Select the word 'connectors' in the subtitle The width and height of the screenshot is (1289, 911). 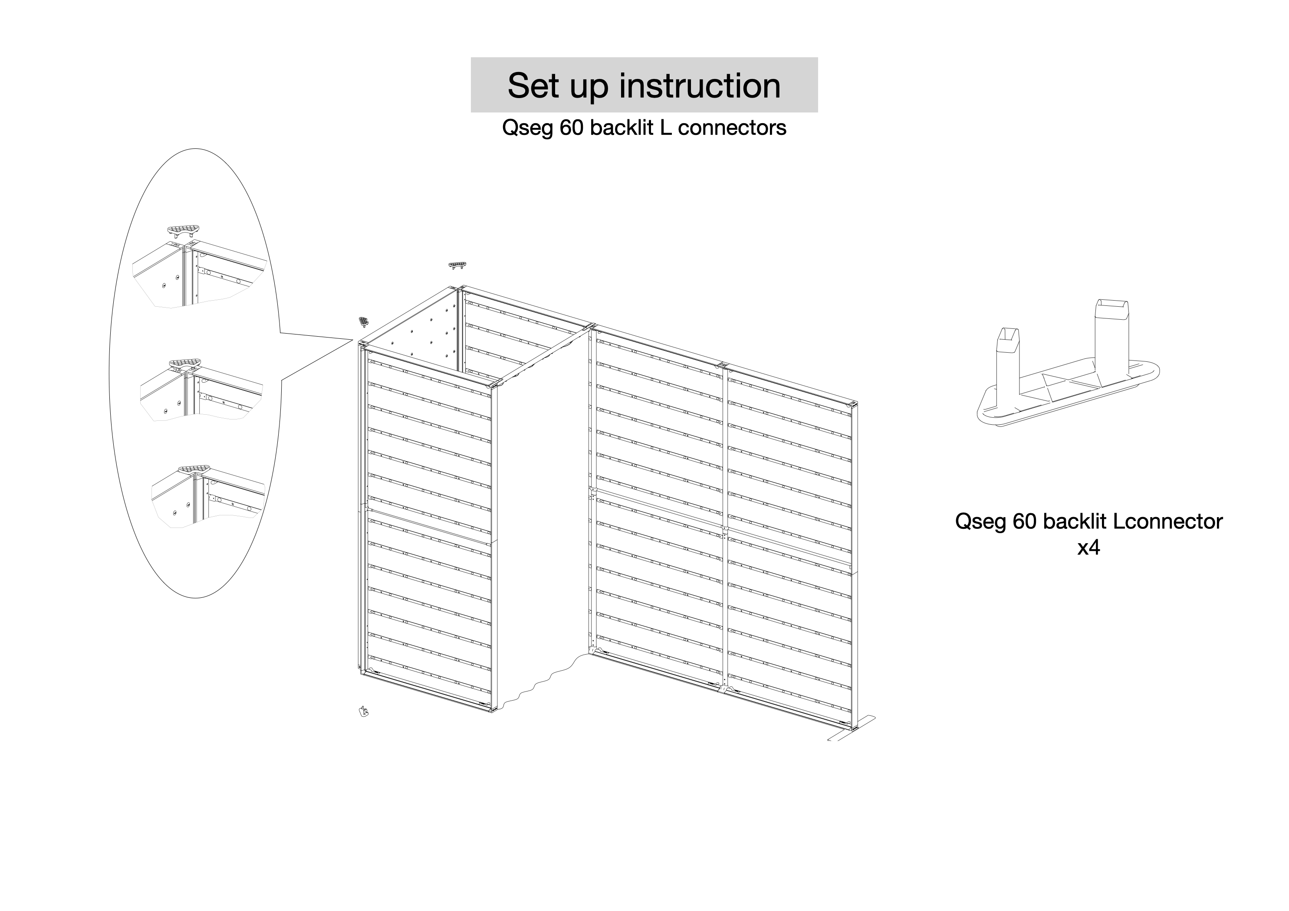tap(732, 128)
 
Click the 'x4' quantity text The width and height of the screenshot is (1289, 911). tap(1088, 547)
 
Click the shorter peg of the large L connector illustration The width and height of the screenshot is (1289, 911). tap(1008, 359)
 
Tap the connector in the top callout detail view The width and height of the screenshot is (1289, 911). tap(183, 230)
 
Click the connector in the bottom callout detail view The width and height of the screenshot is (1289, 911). tap(194, 468)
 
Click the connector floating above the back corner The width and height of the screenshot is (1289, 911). tap(457, 265)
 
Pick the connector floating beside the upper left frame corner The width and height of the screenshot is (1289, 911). tap(364, 321)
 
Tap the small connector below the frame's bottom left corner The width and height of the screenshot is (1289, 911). tap(364, 712)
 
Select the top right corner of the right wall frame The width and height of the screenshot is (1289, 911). tap(854, 404)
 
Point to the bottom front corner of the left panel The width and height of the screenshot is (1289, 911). tap(492, 711)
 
